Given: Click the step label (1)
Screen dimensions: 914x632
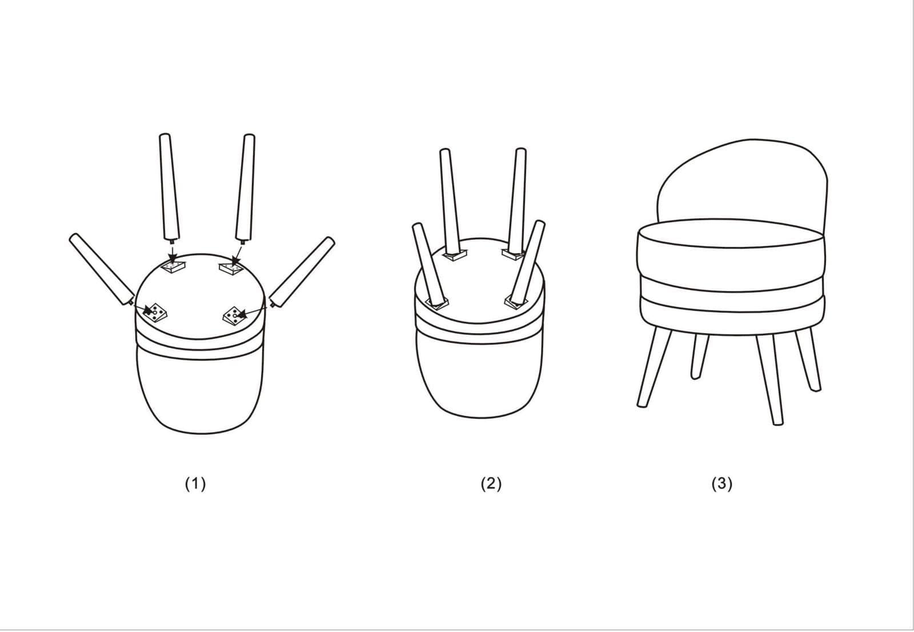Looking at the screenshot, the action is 195,484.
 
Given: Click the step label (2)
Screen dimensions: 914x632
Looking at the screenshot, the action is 491,484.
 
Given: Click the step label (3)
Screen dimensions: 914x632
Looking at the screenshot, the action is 722,484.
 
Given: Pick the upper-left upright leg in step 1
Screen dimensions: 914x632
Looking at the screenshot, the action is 169,186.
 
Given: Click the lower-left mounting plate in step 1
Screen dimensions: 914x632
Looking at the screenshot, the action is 155,314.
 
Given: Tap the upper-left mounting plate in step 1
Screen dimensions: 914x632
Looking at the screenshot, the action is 174,267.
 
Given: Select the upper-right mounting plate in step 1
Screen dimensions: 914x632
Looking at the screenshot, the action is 231,268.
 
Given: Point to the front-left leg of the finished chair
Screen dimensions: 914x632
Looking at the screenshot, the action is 654,367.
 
